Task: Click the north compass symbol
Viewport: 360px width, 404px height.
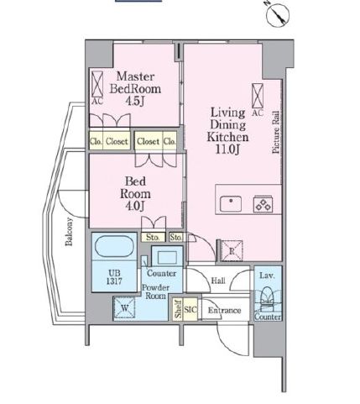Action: [x=278, y=15]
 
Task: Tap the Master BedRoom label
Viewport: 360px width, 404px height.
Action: [x=135, y=82]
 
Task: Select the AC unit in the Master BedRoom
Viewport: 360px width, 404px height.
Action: [x=97, y=84]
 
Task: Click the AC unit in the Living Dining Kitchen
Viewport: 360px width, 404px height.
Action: [x=258, y=96]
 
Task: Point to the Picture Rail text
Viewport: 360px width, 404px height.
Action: [x=276, y=133]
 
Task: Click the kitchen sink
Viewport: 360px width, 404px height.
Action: [x=231, y=204]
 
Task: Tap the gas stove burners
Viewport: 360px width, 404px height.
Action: [x=263, y=204]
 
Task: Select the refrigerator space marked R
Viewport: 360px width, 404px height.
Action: [x=232, y=251]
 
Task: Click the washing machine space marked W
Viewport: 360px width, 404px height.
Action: [x=124, y=308]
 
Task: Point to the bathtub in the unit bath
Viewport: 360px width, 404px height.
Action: [x=114, y=246]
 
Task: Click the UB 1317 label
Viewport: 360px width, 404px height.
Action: [x=114, y=277]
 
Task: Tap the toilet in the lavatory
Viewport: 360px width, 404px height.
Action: [x=268, y=299]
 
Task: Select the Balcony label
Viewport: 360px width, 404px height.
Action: [x=69, y=232]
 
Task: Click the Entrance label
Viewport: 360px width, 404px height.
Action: [x=224, y=310]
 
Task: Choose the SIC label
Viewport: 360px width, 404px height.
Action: [x=190, y=309]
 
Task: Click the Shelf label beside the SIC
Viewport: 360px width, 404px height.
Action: [x=178, y=309]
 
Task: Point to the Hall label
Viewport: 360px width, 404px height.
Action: [x=218, y=281]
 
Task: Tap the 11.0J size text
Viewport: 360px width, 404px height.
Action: [x=227, y=150]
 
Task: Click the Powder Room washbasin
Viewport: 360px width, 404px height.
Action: [x=167, y=257]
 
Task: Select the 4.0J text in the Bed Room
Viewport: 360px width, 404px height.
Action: [x=135, y=206]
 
